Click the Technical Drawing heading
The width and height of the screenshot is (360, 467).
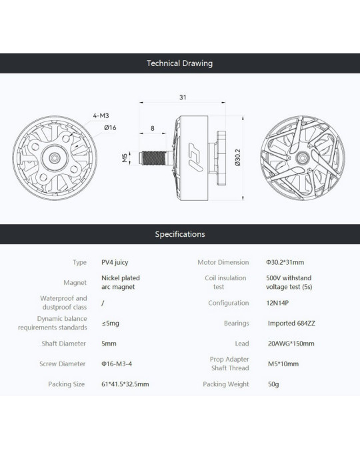click(180, 63)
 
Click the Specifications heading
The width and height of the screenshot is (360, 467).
click(180, 234)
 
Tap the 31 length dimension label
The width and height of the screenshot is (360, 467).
click(183, 97)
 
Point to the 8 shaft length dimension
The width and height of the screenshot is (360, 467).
click(152, 128)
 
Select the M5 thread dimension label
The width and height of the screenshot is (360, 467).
click(125, 158)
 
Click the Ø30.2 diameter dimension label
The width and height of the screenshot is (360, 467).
click(237, 158)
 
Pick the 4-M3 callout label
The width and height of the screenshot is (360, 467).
click(101, 115)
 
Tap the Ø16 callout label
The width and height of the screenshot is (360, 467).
click(110, 128)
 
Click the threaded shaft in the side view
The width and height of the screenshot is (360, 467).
click(154, 158)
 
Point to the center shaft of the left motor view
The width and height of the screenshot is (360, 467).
click(55, 158)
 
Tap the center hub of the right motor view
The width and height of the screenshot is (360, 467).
click(303, 157)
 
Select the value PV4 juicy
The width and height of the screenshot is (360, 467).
click(115, 262)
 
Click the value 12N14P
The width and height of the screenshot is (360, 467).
click(277, 303)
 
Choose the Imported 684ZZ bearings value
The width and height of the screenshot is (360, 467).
click(291, 323)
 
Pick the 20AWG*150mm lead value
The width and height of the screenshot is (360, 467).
click(291, 344)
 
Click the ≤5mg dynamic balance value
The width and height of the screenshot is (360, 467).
click(111, 324)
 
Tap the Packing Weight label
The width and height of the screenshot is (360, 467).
click(226, 384)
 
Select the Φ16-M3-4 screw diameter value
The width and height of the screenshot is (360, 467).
click(117, 364)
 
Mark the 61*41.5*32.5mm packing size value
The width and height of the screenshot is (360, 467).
click(125, 384)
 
